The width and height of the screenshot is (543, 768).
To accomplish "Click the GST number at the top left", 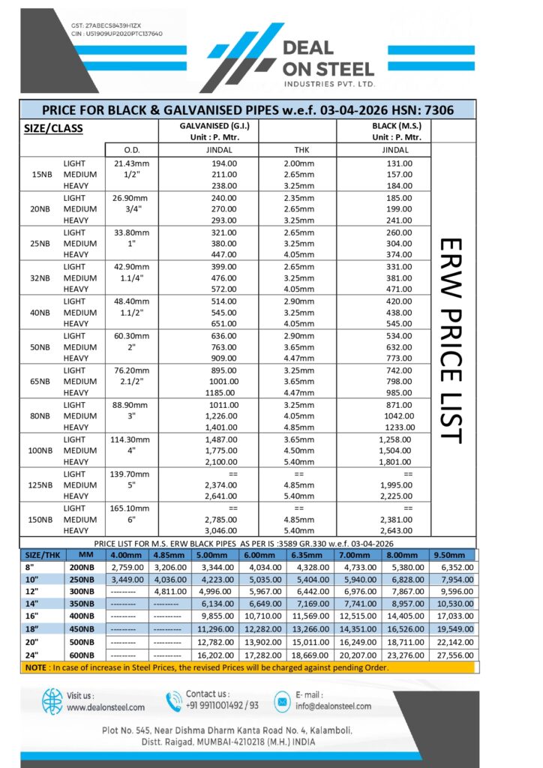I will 114,25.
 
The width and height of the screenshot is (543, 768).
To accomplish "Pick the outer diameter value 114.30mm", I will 132,439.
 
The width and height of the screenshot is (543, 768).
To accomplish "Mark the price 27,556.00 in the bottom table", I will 453,655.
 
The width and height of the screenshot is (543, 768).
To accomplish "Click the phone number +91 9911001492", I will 218,706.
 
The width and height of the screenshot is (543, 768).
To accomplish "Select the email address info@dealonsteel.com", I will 333,706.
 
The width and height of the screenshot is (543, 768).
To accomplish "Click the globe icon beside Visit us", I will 52,701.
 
